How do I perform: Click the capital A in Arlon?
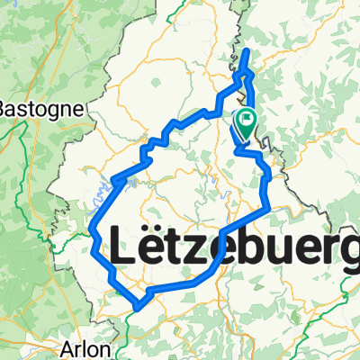[x=67, y=348]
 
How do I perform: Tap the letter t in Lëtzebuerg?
[x=177, y=249]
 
